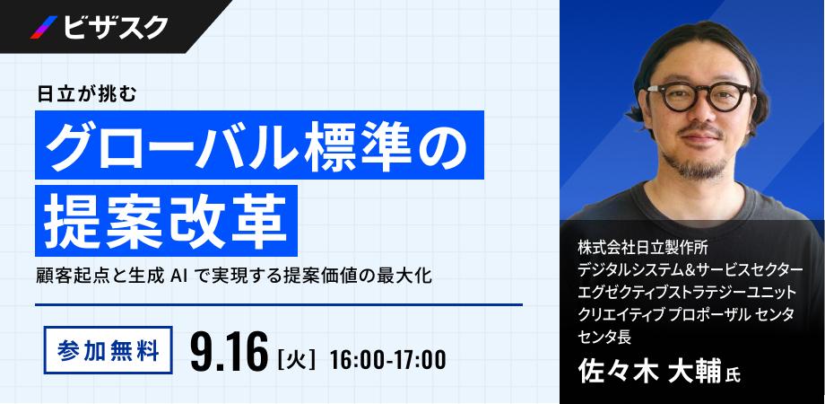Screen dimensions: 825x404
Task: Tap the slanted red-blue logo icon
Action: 44,28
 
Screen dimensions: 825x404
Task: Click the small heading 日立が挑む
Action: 87,94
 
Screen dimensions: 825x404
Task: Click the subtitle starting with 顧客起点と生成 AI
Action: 234,276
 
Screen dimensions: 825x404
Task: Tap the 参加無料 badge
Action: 109,350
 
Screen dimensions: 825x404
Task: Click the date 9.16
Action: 230,352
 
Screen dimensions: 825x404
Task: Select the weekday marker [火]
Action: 296,359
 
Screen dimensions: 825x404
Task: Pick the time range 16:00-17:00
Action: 387,359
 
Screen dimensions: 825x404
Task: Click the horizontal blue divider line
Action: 279,304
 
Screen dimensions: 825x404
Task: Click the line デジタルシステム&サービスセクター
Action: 690,269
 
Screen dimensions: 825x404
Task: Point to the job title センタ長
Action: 604,336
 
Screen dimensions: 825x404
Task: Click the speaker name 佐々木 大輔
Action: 649,373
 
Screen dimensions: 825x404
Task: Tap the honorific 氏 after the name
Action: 733,375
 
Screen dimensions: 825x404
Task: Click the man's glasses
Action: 699,96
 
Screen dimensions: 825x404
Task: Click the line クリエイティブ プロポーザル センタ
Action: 686,314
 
